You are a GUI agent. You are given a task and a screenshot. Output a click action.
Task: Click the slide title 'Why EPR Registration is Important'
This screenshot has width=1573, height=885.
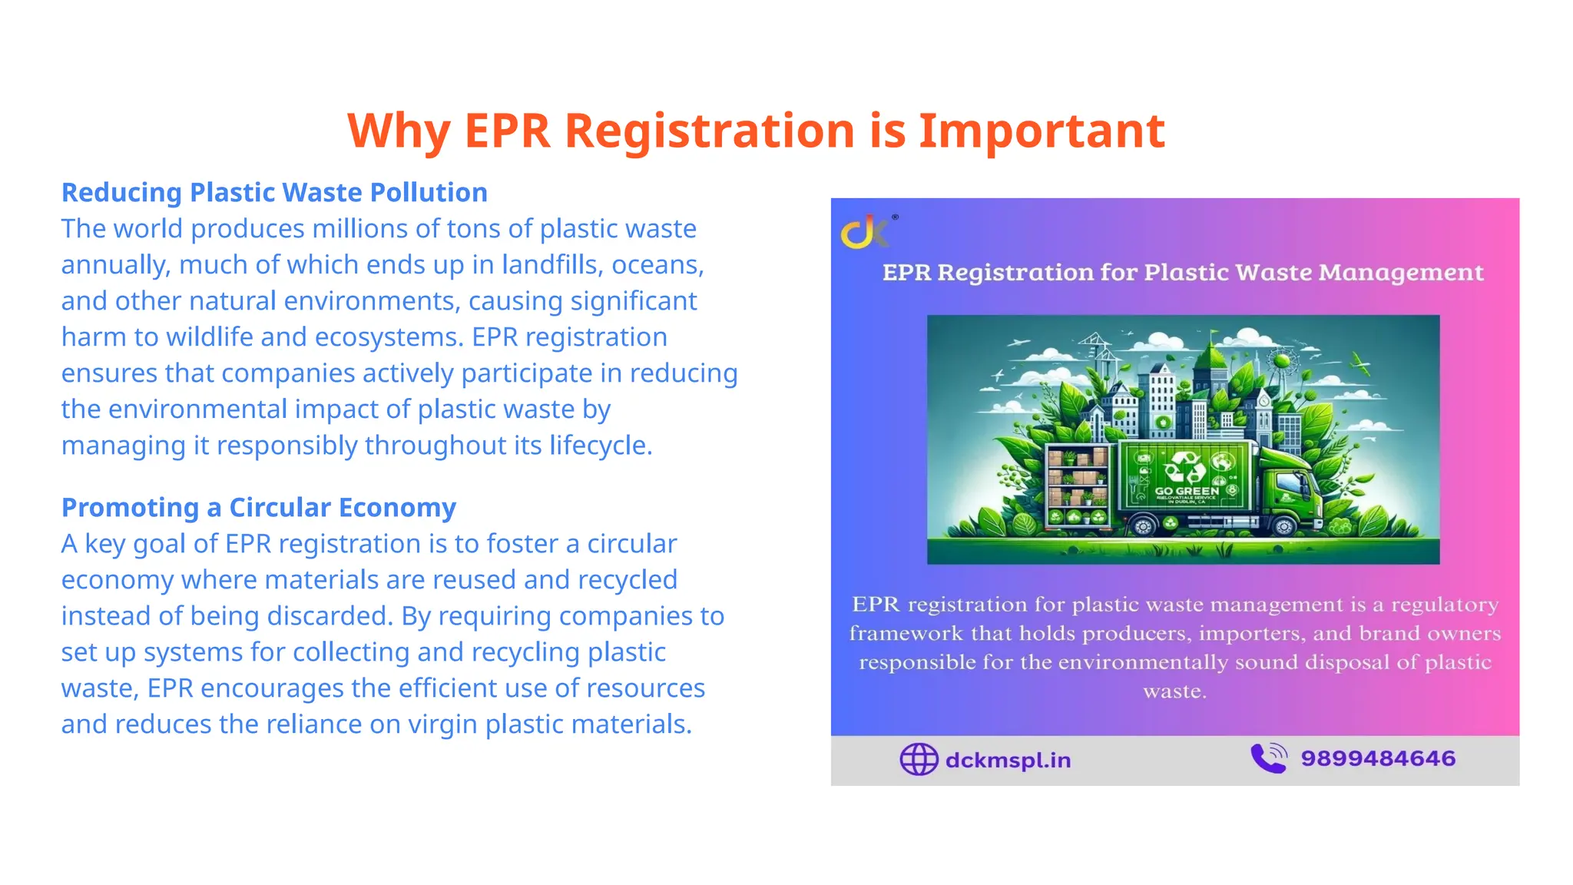pyautogui.click(x=756, y=131)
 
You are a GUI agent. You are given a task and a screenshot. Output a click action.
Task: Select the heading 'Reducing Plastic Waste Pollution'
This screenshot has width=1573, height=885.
pyautogui.click(x=274, y=192)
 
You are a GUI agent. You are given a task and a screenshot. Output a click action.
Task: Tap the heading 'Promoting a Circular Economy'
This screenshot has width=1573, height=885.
pyautogui.click(x=259, y=508)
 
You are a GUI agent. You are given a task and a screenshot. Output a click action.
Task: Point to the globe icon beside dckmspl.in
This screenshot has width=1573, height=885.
pyautogui.click(x=919, y=760)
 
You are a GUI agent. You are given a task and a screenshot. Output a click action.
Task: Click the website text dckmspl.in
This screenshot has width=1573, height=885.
pyautogui.click(x=1008, y=760)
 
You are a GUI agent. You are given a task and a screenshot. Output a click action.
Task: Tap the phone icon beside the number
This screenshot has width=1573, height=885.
pyautogui.click(x=1269, y=758)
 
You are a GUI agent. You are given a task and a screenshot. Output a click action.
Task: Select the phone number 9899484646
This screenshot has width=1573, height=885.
pyautogui.click(x=1378, y=758)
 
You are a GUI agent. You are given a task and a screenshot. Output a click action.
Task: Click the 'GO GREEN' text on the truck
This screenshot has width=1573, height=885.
pyautogui.click(x=1187, y=491)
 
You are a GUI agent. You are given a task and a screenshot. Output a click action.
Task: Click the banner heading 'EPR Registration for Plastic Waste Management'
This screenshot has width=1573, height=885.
pyautogui.click(x=1183, y=273)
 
